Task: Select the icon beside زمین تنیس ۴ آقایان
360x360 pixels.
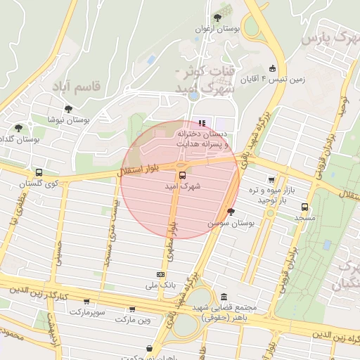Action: [x=272, y=68]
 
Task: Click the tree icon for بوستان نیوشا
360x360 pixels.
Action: [x=68, y=108]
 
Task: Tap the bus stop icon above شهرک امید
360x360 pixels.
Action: [x=182, y=175]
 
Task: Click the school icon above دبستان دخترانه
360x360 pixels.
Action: [x=203, y=123]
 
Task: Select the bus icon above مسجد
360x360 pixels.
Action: [x=304, y=207]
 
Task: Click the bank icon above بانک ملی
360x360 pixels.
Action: [x=160, y=274]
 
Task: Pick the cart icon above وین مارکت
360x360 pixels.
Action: [x=131, y=309]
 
